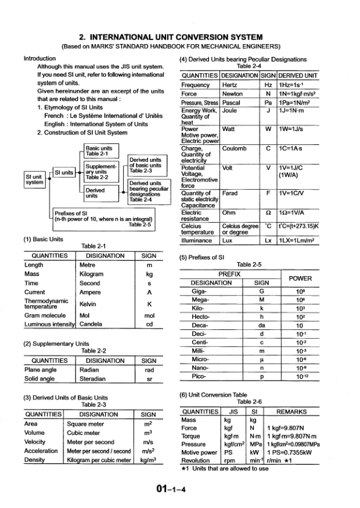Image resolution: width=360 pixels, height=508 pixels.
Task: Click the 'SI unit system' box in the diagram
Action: pyautogui.click(x=34, y=179)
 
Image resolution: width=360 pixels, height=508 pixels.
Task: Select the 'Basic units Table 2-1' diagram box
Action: pyautogui.click(x=102, y=150)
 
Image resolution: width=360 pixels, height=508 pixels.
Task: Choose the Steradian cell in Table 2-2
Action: pyautogui.click(x=92, y=379)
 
